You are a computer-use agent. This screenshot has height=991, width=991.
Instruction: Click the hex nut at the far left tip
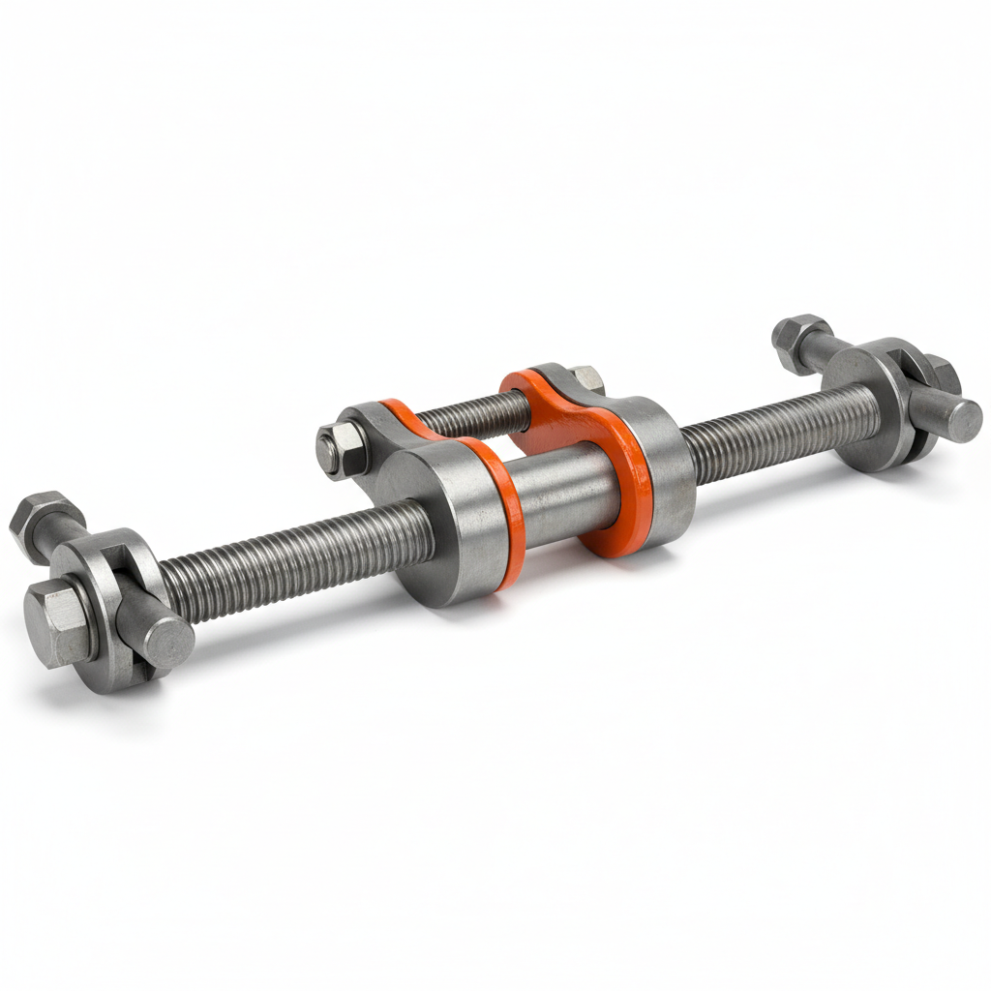[x=41, y=522]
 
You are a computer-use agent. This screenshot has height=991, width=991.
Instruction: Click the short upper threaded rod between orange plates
[x=474, y=411]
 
